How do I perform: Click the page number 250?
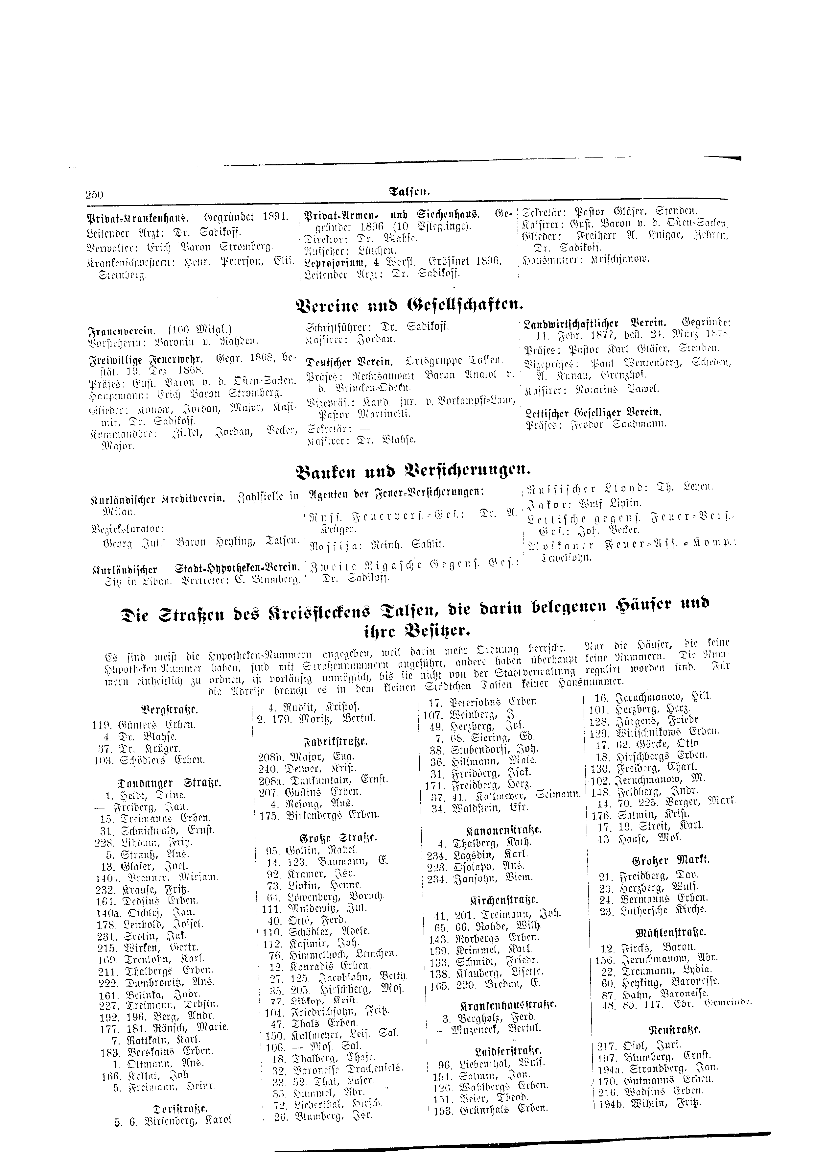click(x=94, y=194)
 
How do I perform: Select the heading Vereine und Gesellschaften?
click(x=409, y=303)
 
